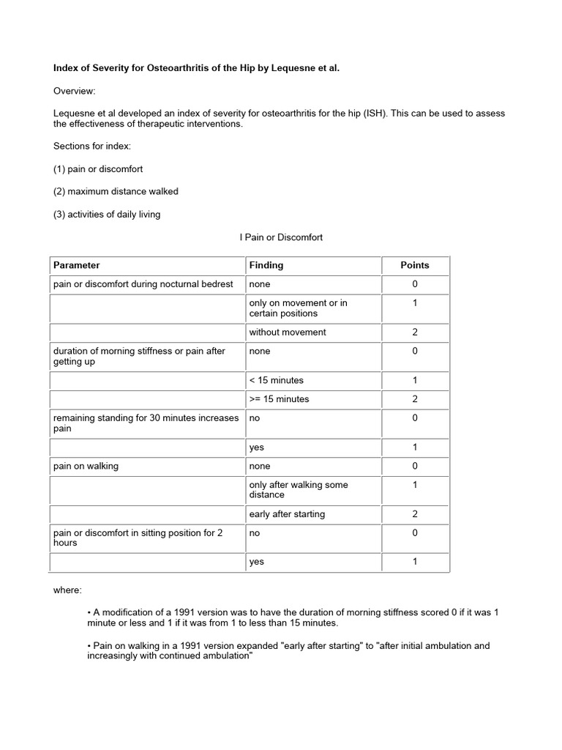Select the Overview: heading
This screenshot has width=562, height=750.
click(74, 91)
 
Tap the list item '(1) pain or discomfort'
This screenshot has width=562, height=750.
click(98, 168)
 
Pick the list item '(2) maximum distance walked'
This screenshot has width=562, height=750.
click(116, 191)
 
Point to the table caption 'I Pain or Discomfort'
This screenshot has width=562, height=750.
click(281, 237)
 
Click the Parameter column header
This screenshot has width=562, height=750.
click(77, 265)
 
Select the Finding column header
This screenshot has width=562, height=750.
click(266, 265)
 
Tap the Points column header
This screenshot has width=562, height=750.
click(415, 265)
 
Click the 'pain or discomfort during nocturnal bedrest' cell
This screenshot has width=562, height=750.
click(143, 284)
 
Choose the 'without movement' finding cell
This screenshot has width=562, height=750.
click(288, 333)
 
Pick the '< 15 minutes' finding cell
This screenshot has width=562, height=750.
click(277, 380)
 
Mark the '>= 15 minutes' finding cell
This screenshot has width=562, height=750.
click(279, 399)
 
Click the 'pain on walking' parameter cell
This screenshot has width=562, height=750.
click(86, 466)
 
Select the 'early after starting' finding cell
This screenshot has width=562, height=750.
click(287, 514)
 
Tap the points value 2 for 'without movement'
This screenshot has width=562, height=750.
click(415, 333)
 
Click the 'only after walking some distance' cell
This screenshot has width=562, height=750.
click(299, 489)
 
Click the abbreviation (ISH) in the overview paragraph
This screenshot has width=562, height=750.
click(380, 114)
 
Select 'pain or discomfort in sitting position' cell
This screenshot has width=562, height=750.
click(138, 538)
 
